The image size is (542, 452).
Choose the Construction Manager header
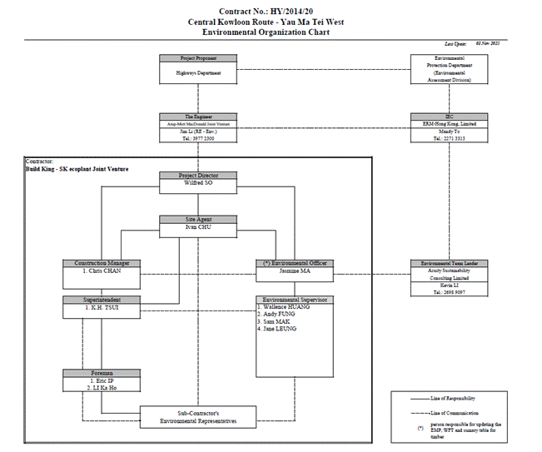(101, 263)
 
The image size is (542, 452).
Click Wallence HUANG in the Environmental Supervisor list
(286, 307)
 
